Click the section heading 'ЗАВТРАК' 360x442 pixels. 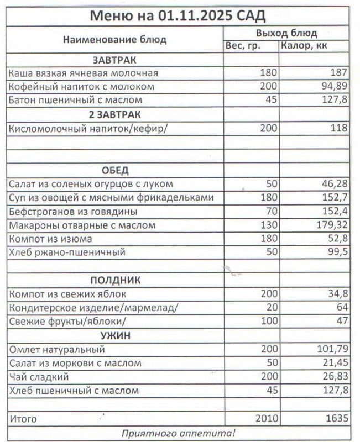tap(114, 60)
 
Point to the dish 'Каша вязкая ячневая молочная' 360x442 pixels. tap(84, 73)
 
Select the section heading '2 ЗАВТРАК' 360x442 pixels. tap(114, 114)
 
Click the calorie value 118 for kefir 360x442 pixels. tap(338, 128)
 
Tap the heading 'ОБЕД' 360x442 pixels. tap(114, 170)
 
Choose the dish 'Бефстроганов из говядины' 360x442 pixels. tap(74, 212)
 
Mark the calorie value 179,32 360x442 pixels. tap(331, 225)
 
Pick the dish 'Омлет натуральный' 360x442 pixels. tap(57, 350)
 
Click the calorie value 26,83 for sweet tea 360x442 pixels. tap(333, 377)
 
